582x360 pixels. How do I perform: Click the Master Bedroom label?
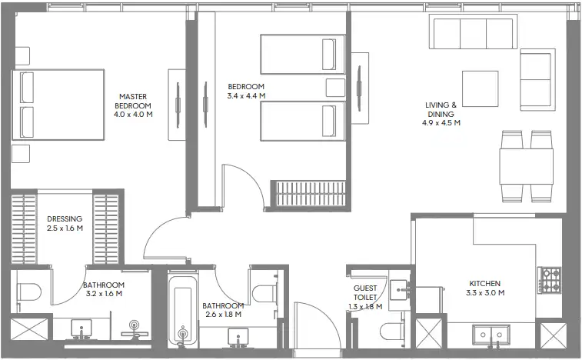pyautogui.click(x=133, y=101)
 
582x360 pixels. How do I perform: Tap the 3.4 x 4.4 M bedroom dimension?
pyautogui.click(x=246, y=96)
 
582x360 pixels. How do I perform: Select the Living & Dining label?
pyautogui.click(x=441, y=109)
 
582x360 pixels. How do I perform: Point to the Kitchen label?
pyautogui.click(x=485, y=283)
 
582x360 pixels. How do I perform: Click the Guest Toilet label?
pyautogui.click(x=365, y=293)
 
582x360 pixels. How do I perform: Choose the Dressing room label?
pyautogui.click(x=65, y=218)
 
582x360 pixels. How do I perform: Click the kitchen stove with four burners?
pyautogui.click(x=550, y=280)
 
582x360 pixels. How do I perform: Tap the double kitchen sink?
pyautogui.click(x=491, y=335)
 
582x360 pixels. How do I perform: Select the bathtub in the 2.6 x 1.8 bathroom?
pyautogui.click(x=182, y=310)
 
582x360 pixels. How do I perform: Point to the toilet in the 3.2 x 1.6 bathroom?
pyautogui.click(x=28, y=292)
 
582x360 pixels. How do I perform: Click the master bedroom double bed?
pyautogui.click(x=58, y=105)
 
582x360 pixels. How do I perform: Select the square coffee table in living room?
pyautogui.click(x=480, y=88)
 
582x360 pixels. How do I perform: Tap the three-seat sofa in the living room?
pyautogui.click(x=474, y=32)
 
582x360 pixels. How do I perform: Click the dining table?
pyautogui.click(x=526, y=166)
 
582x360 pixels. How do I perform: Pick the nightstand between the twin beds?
pyautogui.click(x=335, y=88)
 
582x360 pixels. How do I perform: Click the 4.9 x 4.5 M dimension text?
pyautogui.click(x=441, y=123)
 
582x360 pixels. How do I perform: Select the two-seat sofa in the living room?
pyautogui.click(x=537, y=79)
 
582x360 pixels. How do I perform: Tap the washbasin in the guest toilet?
pyautogui.click(x=400, y=290)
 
